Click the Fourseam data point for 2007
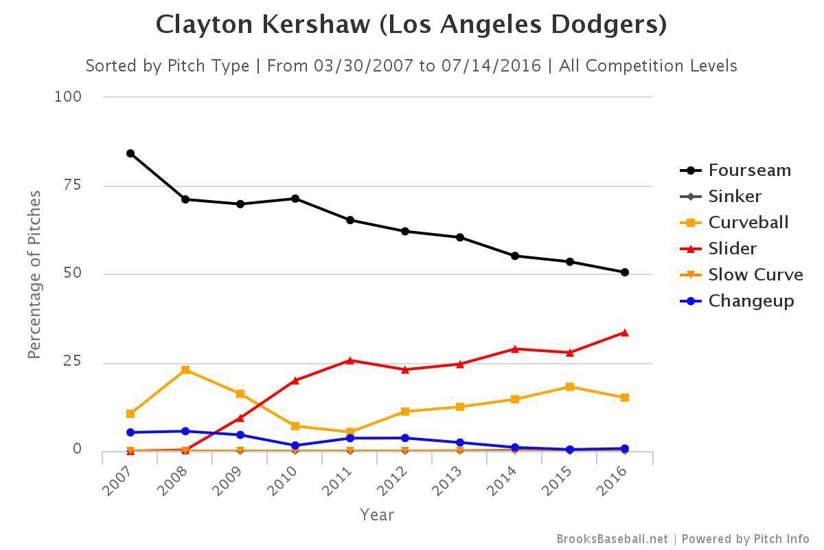click(130, 153)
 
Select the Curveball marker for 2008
click(185, 370)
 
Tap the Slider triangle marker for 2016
click(625, 333)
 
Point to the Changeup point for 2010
click(295, 445)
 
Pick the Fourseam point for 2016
click(625, 272)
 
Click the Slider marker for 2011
click(350, 360)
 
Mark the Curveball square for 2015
click(570, 386)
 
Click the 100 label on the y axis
click(68, 96)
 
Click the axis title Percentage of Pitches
click(34, 274)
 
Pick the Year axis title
click(377, 514)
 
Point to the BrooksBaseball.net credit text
click(612, 539)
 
